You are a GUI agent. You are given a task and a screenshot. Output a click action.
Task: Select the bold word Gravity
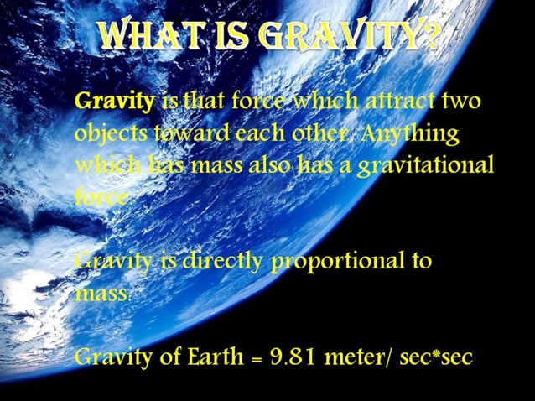click(x=115, y=104)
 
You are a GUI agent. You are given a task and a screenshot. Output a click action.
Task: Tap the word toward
click(x=179, y=134)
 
